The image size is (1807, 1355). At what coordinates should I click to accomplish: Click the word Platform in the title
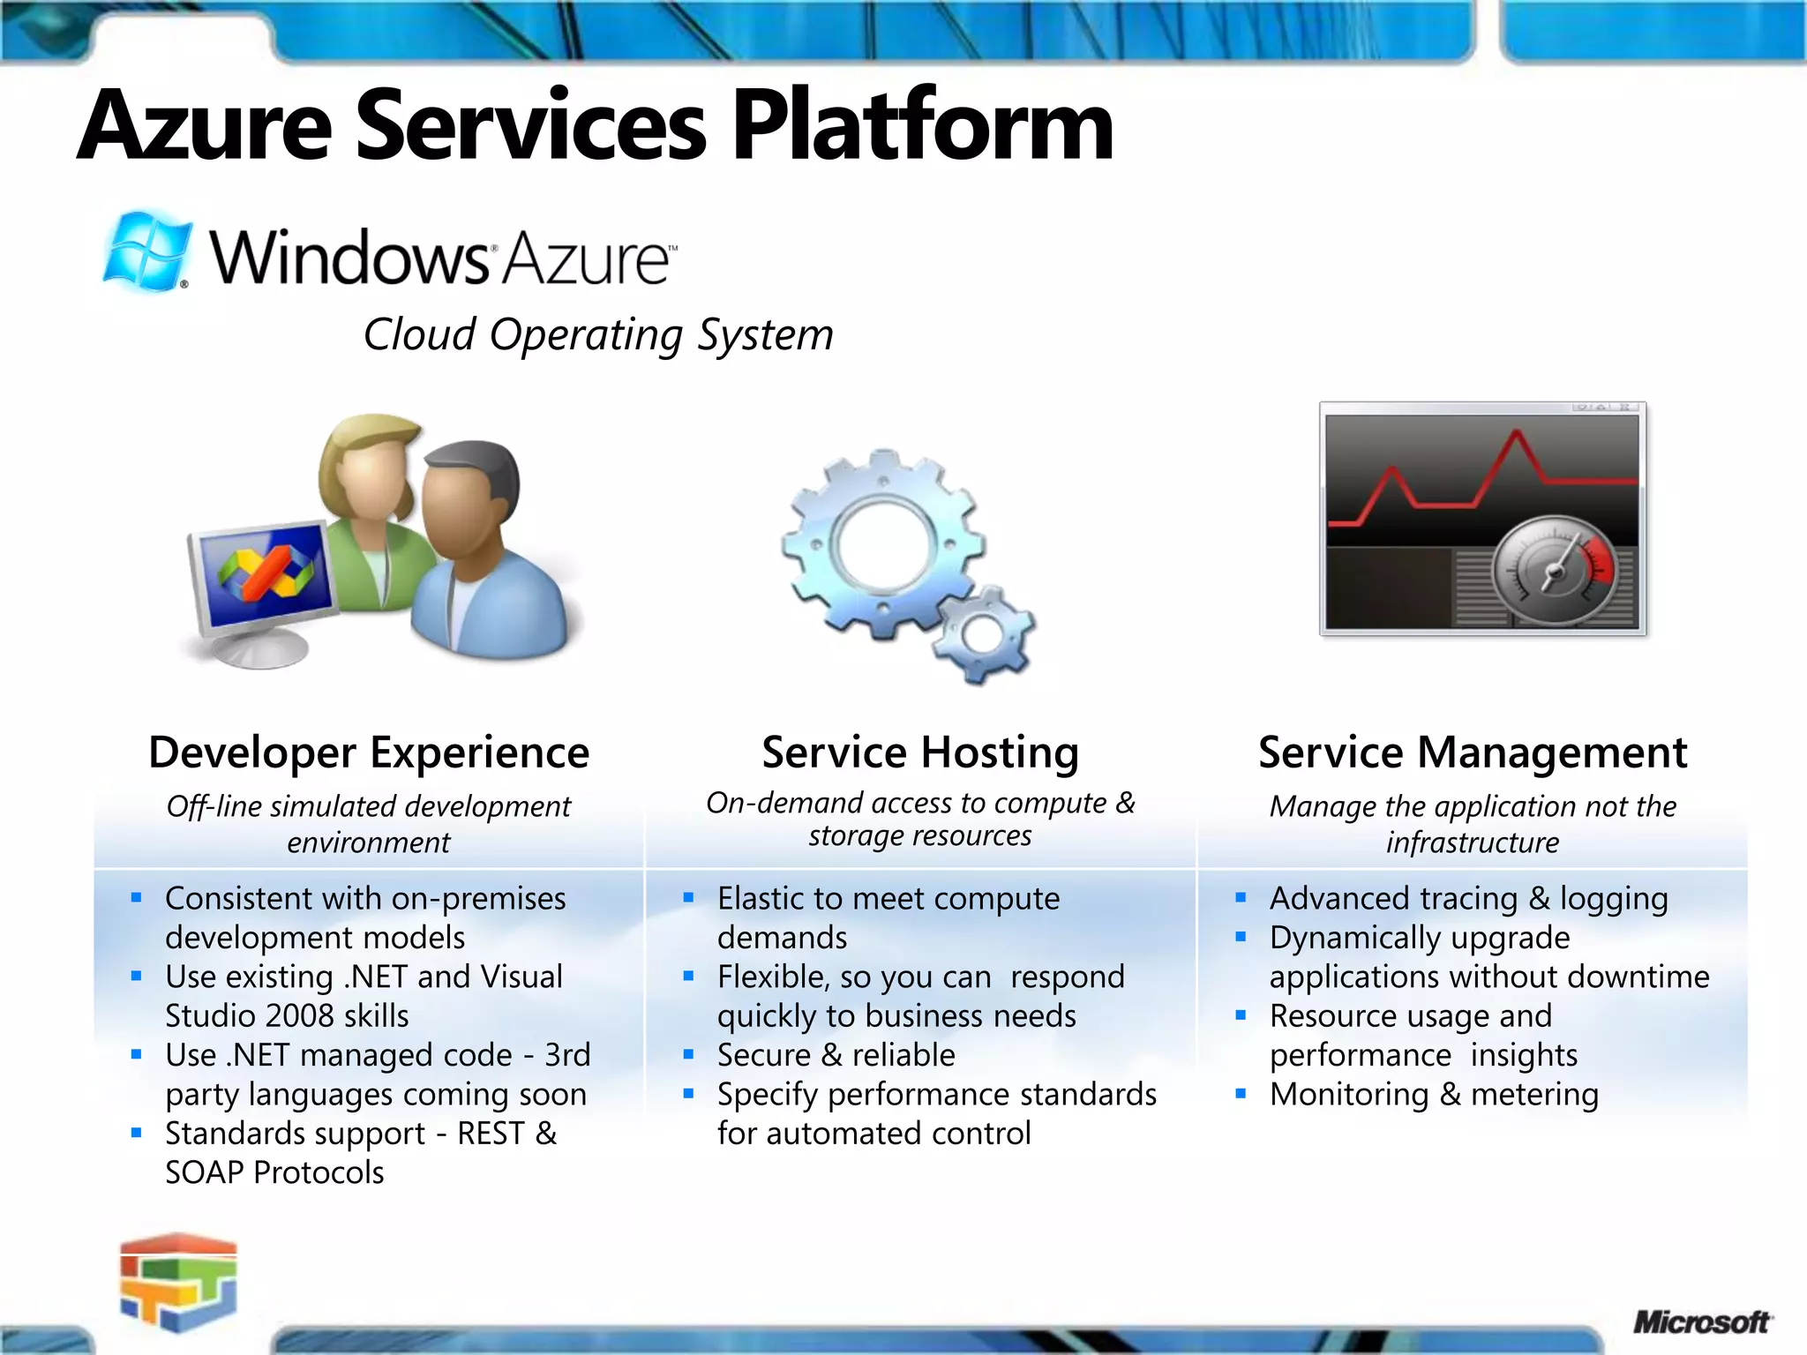pyautogui.click(x=922, y=126)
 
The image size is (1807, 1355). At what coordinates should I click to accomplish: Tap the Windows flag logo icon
pyautogui.click(x=146, y=251)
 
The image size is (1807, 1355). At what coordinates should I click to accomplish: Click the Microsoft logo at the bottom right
pyautogui.click(x=1700, y=1322)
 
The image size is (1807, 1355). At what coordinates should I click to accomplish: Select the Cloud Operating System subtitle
pyautogui.click(x=598, y=334)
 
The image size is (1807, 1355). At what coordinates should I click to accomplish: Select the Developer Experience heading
pyautogui.click(x=369, y=752)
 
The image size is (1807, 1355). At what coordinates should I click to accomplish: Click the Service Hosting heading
pyautogui.click(x=920, y=752)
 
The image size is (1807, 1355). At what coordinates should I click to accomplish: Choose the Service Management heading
pyautogui.click(x=1473, y=752)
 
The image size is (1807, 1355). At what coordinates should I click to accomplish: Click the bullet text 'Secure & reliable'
pyautogui.click(x=836, y=1055)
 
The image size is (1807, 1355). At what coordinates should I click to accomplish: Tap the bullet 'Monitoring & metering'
pyautogui.click(x=1434, y=1094)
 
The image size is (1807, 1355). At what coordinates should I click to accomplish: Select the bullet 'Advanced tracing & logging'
pyautogui.click(x=1468, y=898)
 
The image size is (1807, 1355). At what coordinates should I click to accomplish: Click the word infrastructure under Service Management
pyautogui.click(x=1472, y=842)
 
